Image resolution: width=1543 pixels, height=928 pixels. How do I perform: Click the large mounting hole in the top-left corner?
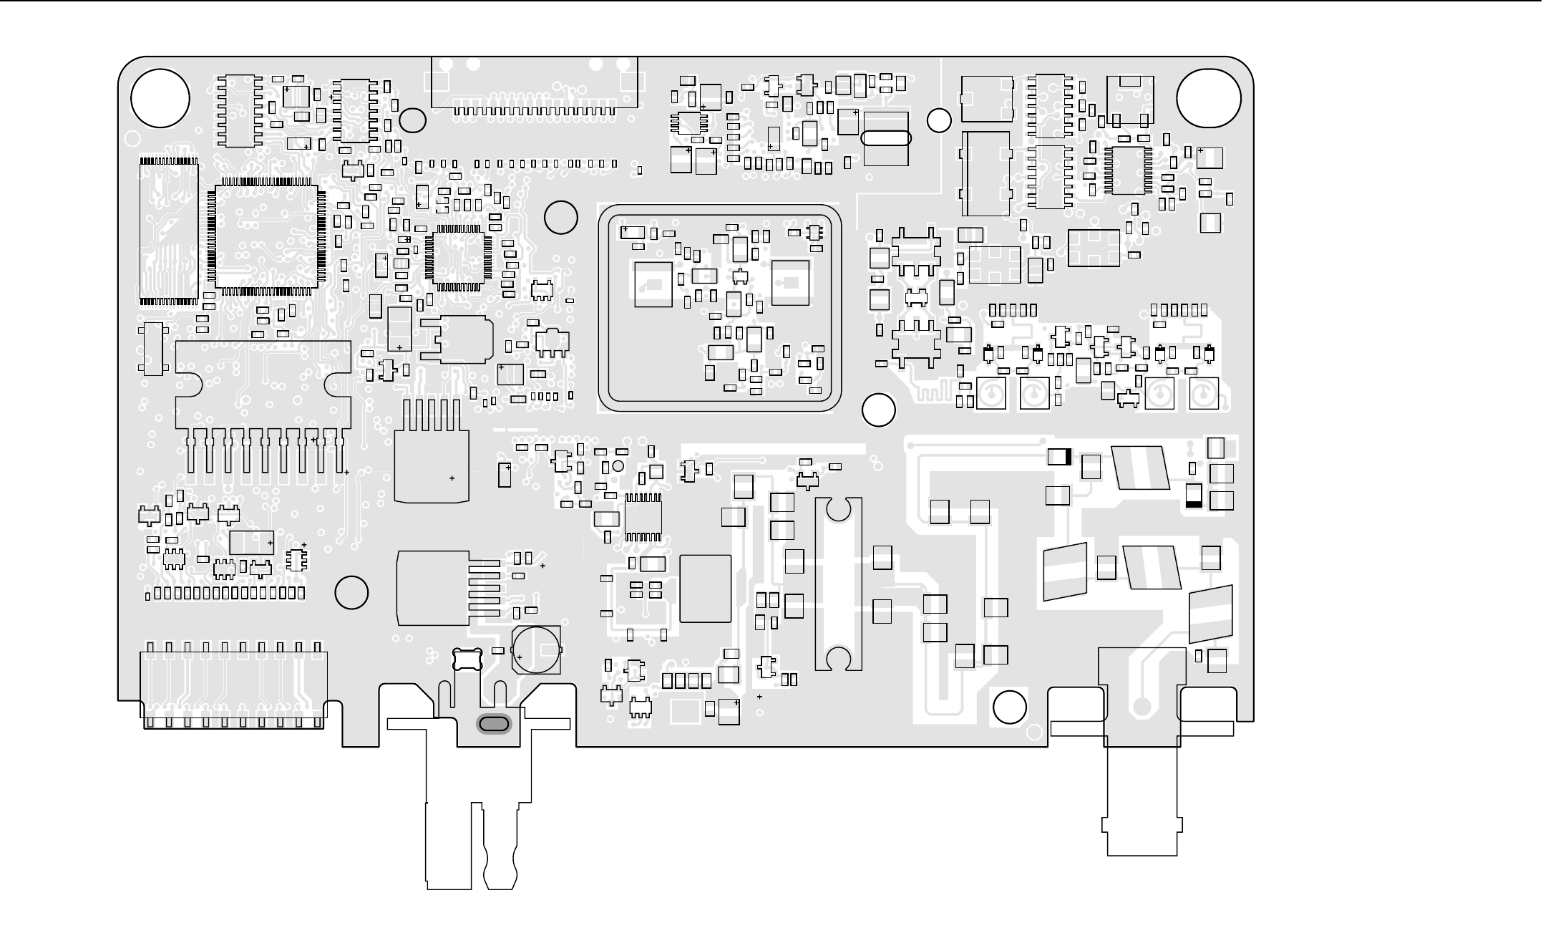(160, 99)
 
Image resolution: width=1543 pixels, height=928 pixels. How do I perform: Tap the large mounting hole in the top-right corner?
(1208, 99)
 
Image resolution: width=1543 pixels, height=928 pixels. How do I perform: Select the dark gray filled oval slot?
(494, 725)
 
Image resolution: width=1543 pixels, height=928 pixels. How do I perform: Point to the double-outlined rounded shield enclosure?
(719, 308)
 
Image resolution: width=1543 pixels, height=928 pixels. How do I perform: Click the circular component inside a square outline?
(537, 649)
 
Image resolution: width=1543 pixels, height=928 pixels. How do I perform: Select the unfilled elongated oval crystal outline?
(886, 137)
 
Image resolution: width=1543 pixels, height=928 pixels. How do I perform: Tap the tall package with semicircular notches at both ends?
(837, 584)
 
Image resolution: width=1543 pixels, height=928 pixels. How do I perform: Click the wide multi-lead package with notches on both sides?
(263, 387)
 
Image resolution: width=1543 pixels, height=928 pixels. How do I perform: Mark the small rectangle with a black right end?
(1059, 456)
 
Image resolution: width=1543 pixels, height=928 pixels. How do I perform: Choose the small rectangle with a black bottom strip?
(1194, 496)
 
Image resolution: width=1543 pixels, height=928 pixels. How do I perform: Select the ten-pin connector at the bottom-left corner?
(233, 687)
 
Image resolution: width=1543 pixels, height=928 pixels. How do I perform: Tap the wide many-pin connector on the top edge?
(534, 84)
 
